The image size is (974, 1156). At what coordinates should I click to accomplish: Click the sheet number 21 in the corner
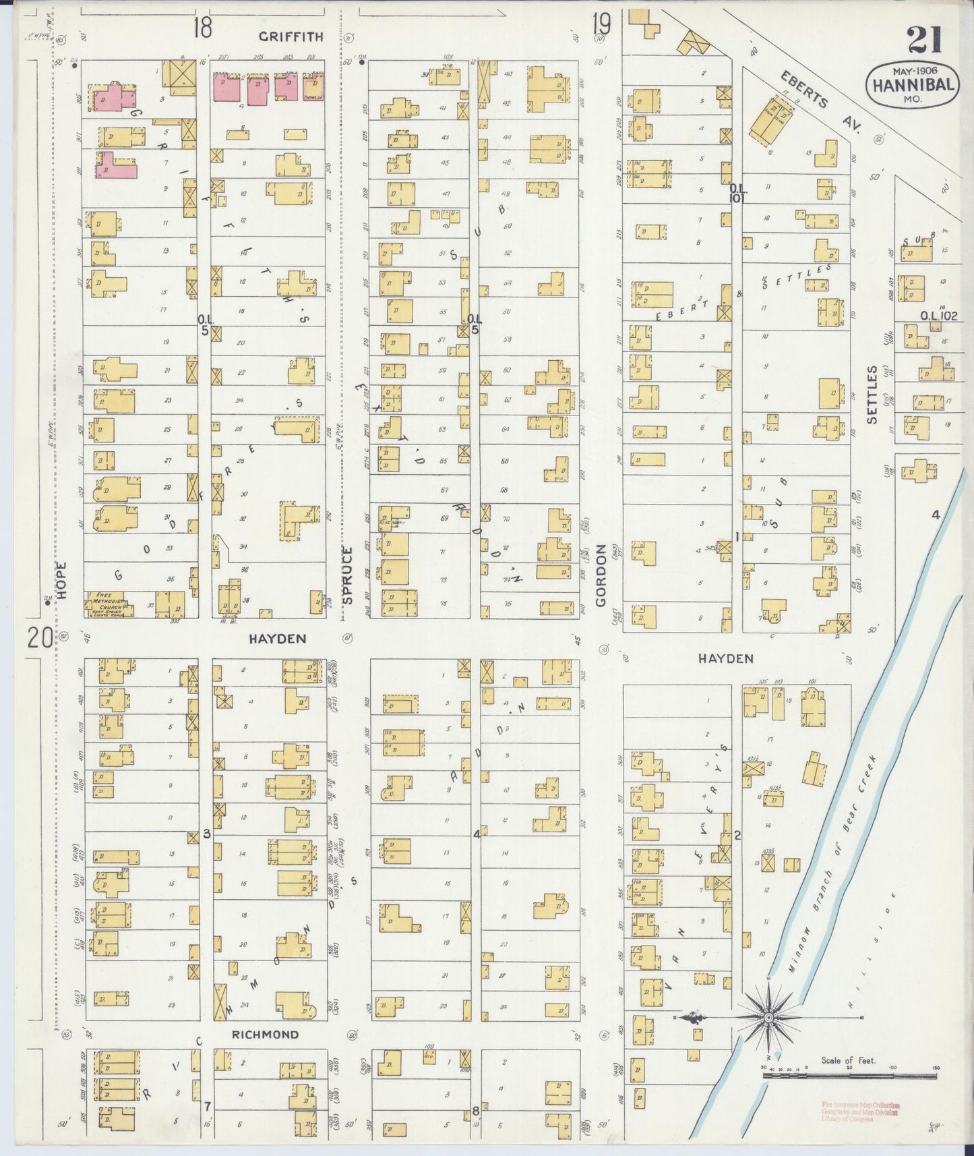(924, 38)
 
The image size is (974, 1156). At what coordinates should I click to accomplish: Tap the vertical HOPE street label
(62, 581)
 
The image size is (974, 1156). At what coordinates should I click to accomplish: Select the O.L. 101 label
(739, 193)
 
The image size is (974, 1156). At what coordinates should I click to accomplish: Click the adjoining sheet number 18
(202, 28)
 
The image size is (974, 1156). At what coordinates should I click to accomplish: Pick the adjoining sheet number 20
(40, 637)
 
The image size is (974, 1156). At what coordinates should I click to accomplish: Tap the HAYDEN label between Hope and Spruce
(278, 638)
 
